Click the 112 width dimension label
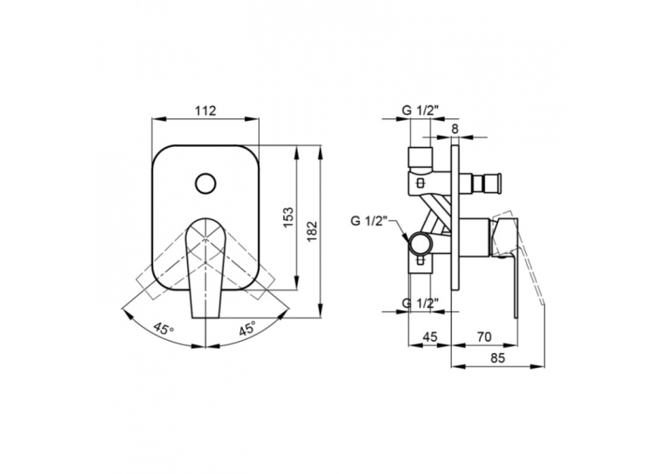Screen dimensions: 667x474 coord(205,110)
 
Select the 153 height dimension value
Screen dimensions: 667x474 coord(288,217)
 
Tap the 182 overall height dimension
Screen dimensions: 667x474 coord(313,231)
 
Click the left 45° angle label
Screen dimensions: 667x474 coord(165,329)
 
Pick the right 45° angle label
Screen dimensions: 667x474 coord(247,328)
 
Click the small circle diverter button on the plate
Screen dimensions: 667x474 coord(205,184)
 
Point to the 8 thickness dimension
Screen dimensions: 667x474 coord(455,129)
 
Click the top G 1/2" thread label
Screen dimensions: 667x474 coord(420,110)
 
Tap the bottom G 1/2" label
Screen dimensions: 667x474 coord(421,304)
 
